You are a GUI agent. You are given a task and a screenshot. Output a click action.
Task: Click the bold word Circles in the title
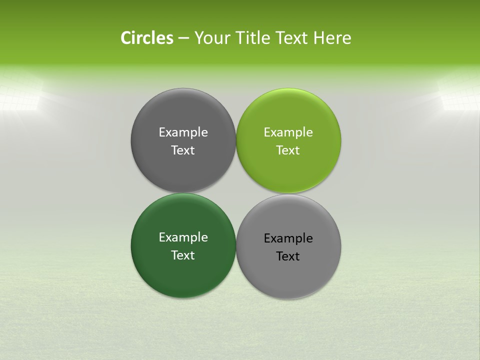(x=147, y=38)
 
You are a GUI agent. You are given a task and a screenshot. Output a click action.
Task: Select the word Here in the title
(x=332, y=38)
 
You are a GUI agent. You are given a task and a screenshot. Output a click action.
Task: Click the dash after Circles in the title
(x=183, y=38)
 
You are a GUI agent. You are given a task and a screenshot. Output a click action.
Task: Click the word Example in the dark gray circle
(x=183, y=132)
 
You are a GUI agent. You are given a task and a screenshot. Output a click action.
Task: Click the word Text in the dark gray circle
(x=183, y=150)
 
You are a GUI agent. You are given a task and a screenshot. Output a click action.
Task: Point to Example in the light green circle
(x=288, y=132)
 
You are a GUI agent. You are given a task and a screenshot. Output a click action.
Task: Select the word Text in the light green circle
(x=288, y=150)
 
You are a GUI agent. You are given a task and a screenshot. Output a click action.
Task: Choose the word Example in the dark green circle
(x=183, y=237)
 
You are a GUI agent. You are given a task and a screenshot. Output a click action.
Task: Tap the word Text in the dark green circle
(x=183, y=255)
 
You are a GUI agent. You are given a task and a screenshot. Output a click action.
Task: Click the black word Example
(x=288, y=238)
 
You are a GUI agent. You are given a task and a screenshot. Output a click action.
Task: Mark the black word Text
(x=288, y=256)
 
